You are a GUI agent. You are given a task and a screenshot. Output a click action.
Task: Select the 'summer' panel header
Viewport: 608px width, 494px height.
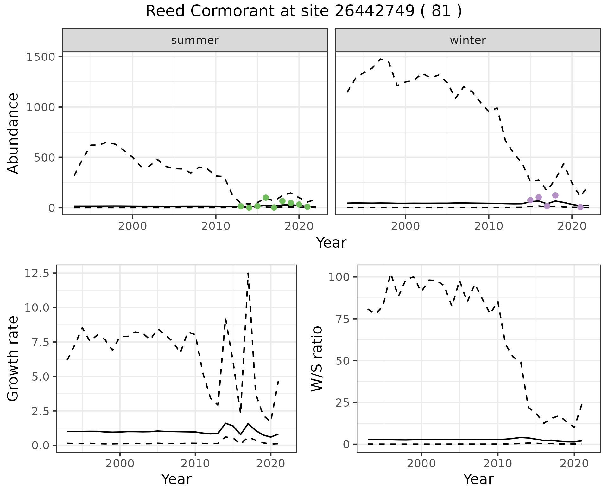pos(195,40)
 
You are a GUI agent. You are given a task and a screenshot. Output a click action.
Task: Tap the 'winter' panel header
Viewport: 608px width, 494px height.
pos(468,40)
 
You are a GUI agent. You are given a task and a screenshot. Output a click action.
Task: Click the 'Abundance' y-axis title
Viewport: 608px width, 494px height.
pos(13,133)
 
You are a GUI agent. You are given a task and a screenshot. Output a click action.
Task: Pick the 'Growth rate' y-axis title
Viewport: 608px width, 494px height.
pos(13,358)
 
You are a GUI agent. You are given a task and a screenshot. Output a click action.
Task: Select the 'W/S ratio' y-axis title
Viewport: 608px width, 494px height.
pos(317,358)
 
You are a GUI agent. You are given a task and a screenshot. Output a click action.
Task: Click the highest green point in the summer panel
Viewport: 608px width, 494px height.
pos(266,198)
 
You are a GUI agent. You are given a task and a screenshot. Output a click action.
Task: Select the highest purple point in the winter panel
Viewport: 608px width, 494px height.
pos(555,195)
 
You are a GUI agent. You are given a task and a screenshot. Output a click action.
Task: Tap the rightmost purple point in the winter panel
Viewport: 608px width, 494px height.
pos(580,207)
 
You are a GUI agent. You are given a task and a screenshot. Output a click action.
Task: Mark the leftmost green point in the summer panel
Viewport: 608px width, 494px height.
pos(241,206)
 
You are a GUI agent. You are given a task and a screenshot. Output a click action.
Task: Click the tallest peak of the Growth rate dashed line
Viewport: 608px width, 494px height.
pos(248,273)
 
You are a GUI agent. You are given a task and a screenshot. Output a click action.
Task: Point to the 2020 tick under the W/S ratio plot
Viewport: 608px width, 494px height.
pos(574,464)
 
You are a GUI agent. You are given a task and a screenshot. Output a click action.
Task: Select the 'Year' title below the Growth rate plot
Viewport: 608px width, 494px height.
pos(176,479)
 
